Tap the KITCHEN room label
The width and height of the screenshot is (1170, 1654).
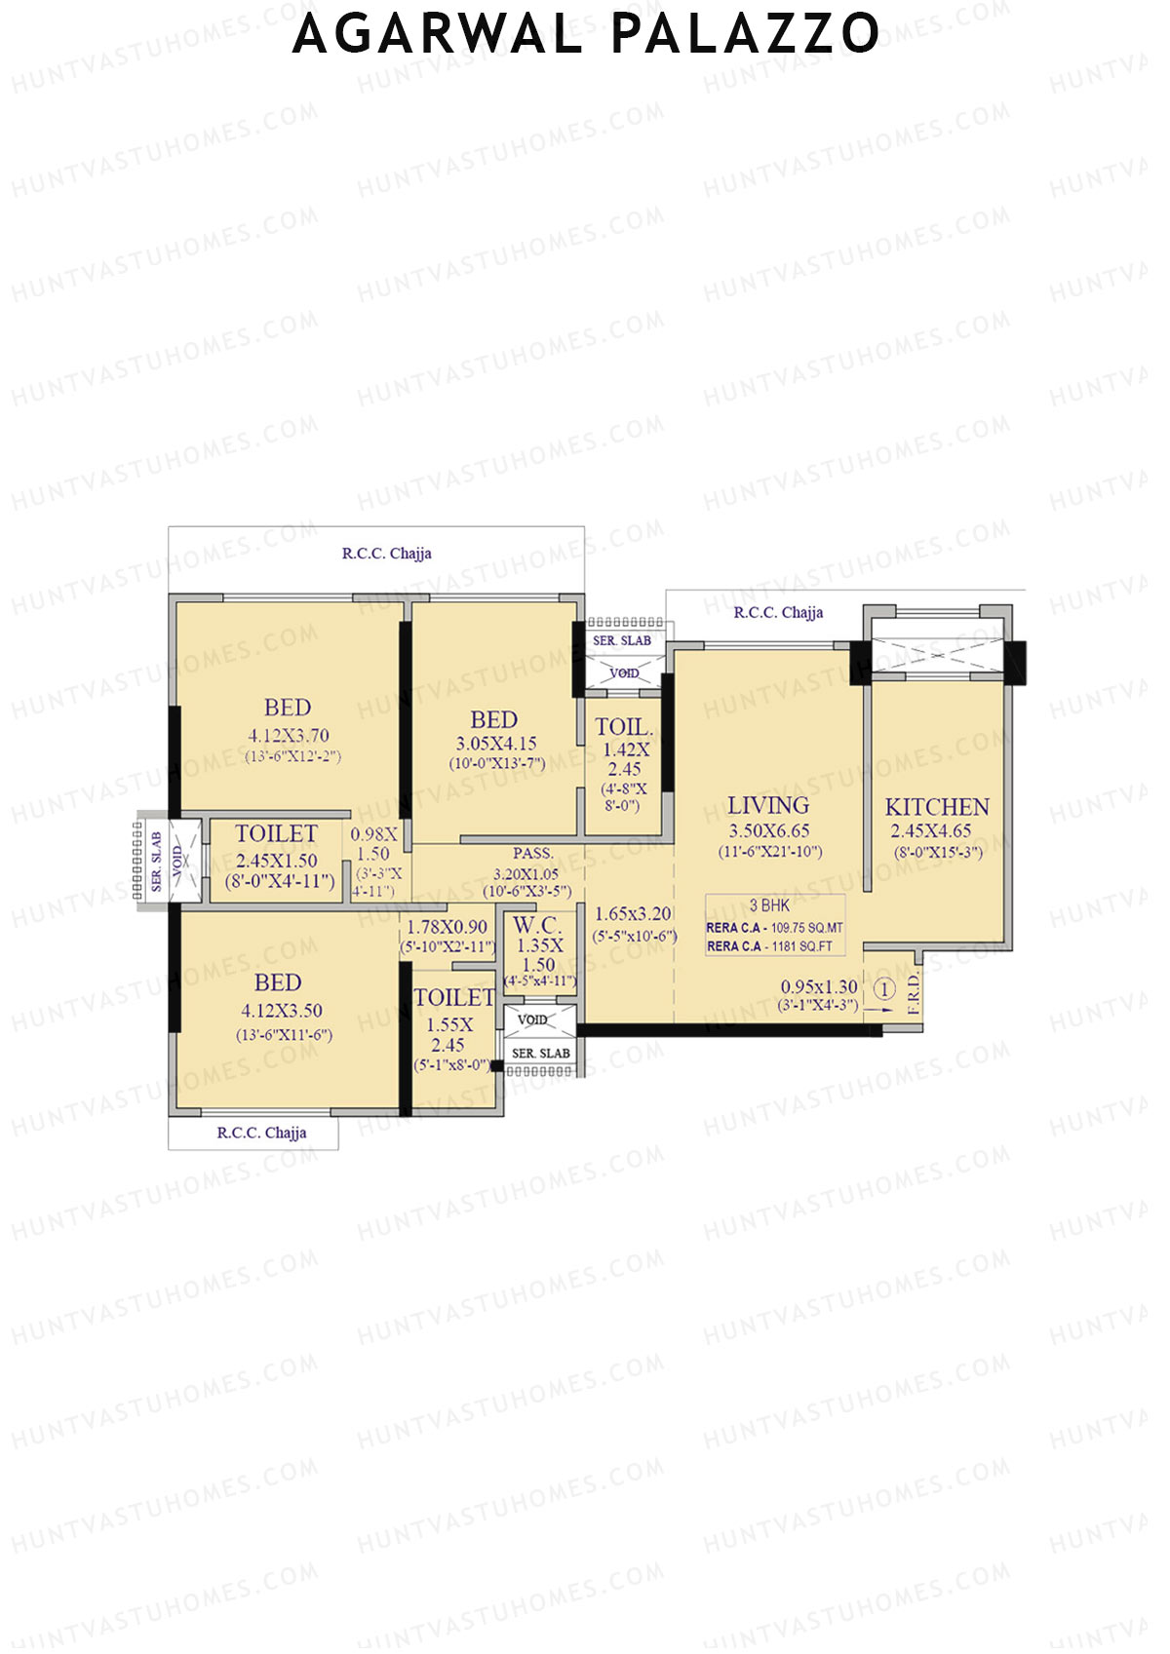click(936, 807)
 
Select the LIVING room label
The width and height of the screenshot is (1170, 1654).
click(768, 805)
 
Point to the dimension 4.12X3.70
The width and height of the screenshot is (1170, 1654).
click(288, 735)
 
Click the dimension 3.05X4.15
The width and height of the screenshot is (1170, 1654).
click(496, 744)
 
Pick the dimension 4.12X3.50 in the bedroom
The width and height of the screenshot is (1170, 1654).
click(281, 1011)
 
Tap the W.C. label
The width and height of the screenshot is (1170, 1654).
click(537, 925)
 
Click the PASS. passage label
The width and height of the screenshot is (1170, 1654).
click(532, 854)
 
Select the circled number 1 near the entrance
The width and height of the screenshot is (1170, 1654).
click(883, 990)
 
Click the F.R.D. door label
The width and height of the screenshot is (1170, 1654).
click(914, 994)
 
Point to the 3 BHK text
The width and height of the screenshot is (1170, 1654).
click(769, 905)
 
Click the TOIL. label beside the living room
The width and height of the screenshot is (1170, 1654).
click(624, 727)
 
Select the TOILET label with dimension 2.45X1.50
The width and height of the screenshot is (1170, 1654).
click(276, 833)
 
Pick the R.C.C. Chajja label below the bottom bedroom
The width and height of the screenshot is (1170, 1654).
click(261, 1133)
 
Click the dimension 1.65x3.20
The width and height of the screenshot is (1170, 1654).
click(633, 914)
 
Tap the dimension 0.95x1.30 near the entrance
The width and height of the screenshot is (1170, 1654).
click(819, 986)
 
